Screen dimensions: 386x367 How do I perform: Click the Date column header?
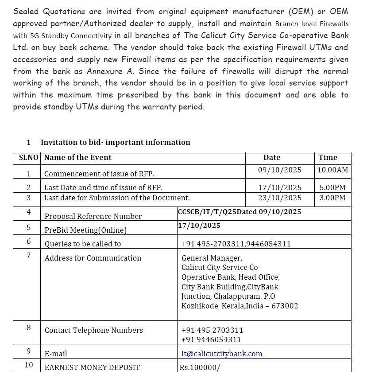point(271,157)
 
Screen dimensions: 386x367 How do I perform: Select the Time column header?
point(328,157)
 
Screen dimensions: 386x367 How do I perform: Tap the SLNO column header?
point(28,157)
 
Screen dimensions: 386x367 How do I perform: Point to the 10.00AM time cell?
point(332,170)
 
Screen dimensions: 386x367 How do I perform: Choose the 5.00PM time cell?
point(332,187)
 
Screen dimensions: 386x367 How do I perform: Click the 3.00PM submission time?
point(332,198)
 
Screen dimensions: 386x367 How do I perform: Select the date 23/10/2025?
point(279,198)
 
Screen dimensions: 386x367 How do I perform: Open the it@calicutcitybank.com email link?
point(222,354)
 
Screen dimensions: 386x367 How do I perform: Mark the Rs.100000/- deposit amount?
point(201,367)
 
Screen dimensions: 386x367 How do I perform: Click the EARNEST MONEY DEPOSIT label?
point(92,367)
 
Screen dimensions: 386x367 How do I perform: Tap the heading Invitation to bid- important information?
point(115,142)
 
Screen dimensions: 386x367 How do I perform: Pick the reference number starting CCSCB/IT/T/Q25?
point(239,212)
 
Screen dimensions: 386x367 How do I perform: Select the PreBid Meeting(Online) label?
point(85,230)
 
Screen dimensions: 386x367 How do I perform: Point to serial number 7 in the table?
point(29,255)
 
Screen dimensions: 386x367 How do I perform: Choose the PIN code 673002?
point(286,306)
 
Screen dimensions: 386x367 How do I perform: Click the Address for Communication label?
point(93,258)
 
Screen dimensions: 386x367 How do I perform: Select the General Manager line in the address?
point(212,258)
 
